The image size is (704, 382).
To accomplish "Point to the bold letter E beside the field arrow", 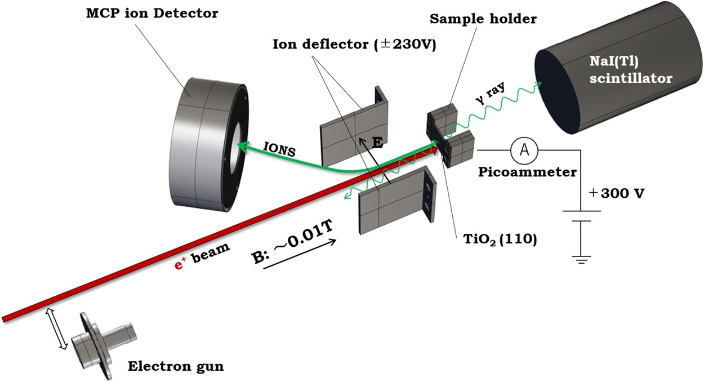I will [378, 144].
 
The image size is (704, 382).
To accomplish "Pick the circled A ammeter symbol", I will [524, 149].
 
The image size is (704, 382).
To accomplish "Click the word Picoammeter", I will [527, 172].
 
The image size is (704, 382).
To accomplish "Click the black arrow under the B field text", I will [299, 257].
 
